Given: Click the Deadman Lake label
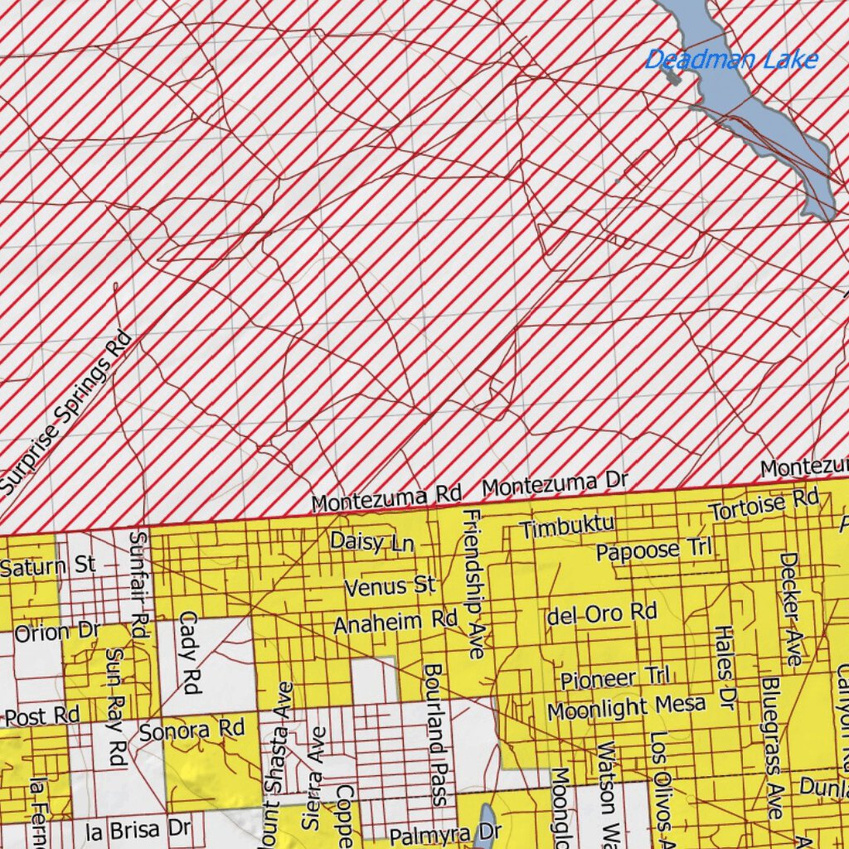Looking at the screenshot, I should (x=731, y=60).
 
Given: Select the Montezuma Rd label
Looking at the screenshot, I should (x=386, y=498).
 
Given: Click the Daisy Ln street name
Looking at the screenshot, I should (x=371, y=542).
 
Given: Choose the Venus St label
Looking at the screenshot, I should (x=390, y=587).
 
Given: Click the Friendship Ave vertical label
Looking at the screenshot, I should (x=473, y=585).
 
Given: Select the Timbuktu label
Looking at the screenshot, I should (x=567, y=526).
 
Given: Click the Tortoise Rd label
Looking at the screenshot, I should (x=763, y=505).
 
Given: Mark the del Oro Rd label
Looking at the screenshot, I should (x=602, y=614).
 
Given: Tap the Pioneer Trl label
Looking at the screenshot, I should (x=614, y=678).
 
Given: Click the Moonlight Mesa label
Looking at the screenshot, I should (x=626, y=708).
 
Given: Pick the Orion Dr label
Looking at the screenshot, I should (x=56, y=633).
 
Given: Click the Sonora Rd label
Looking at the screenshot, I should (x=192, y=730).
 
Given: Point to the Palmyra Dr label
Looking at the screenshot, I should (x=434, y=834).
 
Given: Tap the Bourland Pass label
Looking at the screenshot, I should (x=437, y=734).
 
